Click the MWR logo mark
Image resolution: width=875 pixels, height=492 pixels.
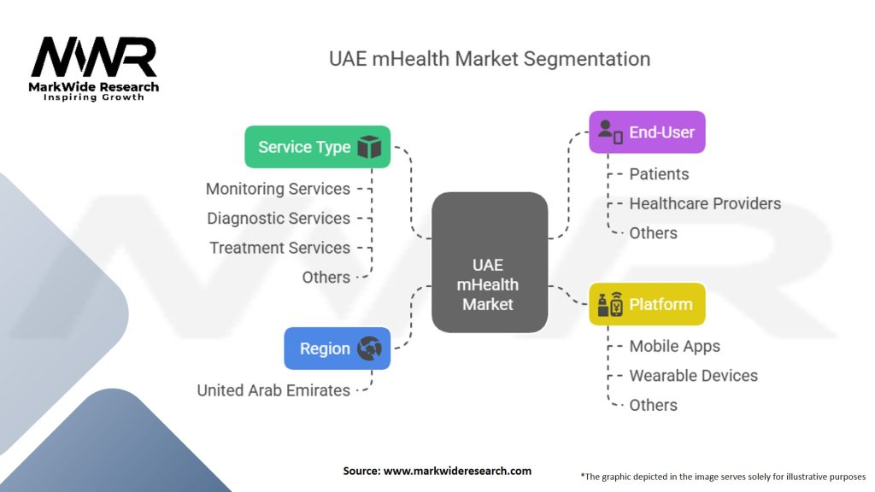(94, 56)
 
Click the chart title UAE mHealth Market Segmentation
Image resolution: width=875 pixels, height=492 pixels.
(490, 59)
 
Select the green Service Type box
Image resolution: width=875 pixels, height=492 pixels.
(318, 147)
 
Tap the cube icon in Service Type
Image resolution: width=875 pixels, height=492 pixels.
(369, 147)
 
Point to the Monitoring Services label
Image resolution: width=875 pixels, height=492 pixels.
(278, 189)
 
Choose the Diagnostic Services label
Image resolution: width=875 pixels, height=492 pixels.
(279, 218)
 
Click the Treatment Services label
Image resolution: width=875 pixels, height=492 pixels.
(279, 248)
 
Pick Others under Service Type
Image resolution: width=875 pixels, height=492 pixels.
(326, 278)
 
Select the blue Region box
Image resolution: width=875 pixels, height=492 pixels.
(337, 348)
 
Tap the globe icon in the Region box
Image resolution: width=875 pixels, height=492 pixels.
(369, 348)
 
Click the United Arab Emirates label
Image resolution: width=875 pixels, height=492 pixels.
(273, 390)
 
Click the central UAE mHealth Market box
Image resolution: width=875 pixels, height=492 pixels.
(490, 262)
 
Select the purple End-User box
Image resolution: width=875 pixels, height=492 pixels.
(648, 132)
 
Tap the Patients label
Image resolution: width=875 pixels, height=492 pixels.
(659, 174)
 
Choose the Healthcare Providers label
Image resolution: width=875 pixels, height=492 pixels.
(705, 203)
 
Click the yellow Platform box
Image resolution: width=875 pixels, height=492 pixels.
(648, 304)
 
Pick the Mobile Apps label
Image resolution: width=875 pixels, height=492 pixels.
(675, 347)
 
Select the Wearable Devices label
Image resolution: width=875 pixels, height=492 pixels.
(694, 376)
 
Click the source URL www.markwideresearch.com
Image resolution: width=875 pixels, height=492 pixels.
(458, 471)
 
